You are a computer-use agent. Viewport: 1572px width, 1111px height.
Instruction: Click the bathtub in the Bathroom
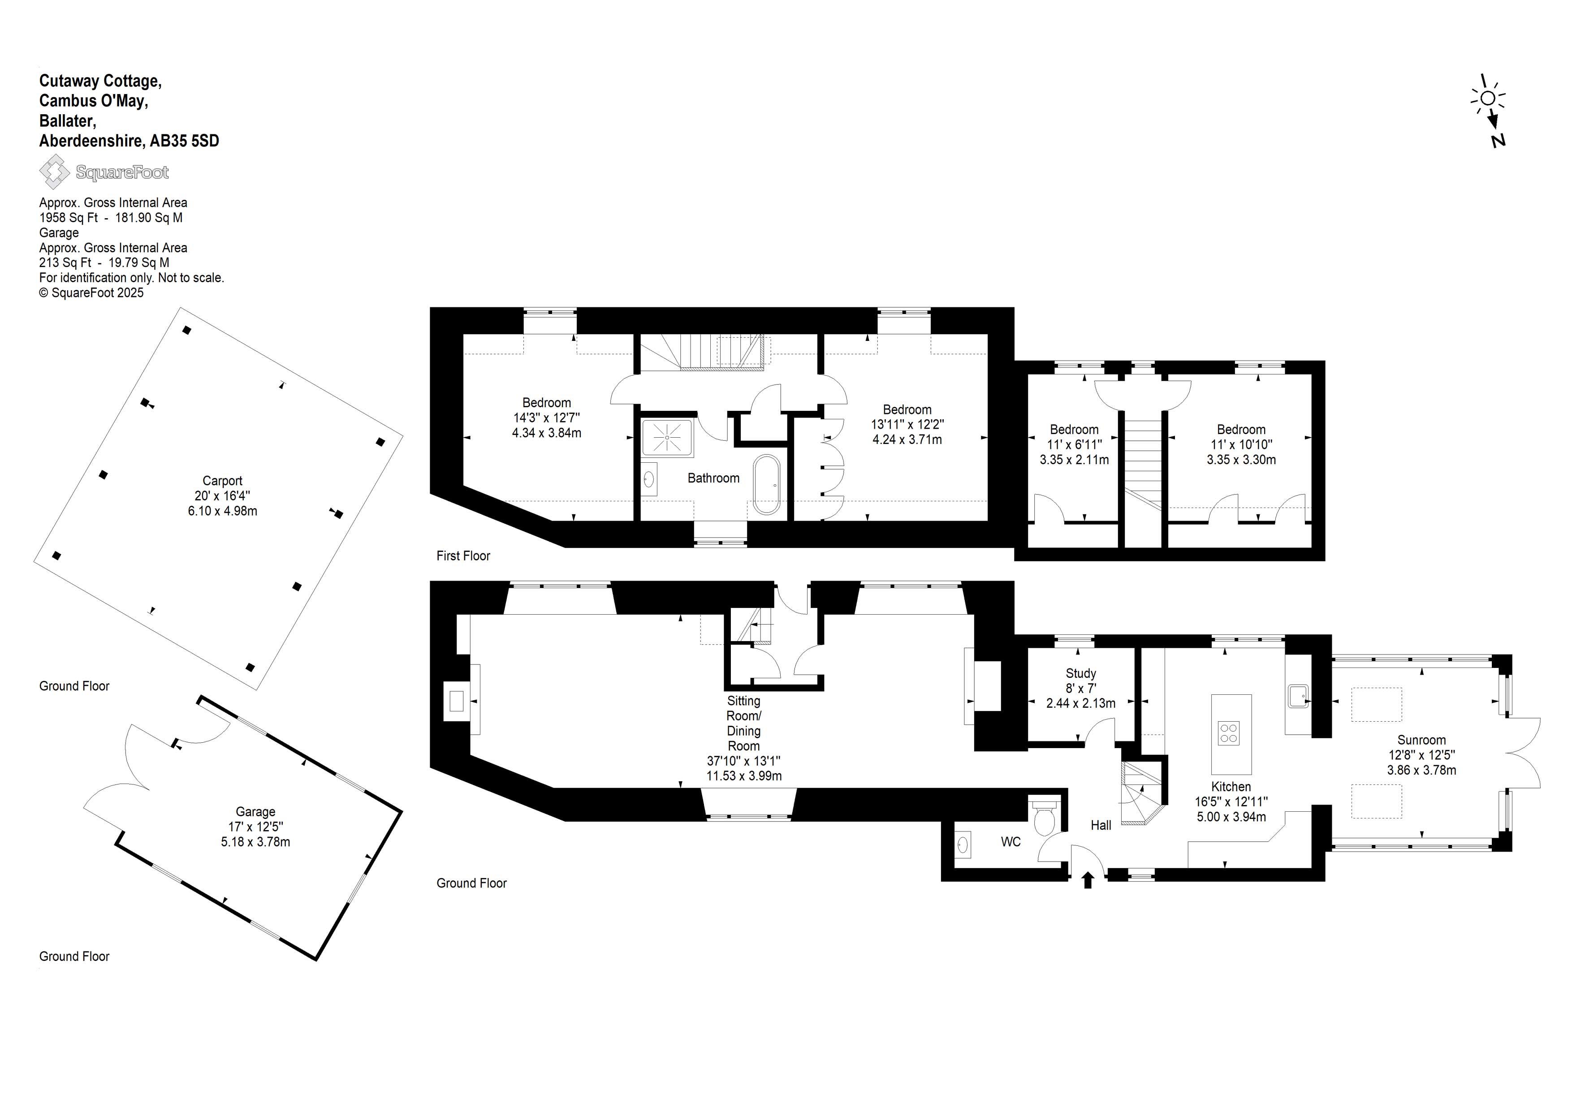point(766,485)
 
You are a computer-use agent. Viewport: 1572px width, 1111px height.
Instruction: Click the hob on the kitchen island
point(1229,733)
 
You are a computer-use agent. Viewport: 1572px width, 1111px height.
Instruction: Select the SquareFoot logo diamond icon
point(54,171)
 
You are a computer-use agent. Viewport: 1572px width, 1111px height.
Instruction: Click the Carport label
point(223,481)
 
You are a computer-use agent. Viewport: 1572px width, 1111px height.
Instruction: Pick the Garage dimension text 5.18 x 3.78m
point(255,842)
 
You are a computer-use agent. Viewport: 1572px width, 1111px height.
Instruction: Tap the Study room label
point(1081,674)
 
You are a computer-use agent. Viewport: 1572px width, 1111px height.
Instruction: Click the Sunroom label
point(1421,740)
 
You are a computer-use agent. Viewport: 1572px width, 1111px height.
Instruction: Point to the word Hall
point(1101,826)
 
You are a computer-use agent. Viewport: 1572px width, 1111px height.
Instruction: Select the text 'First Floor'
point(463,556)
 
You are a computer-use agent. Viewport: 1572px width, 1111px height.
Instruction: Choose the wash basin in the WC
point(963,844)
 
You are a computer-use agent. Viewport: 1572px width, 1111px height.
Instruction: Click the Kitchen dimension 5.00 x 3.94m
point(1231,817)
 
